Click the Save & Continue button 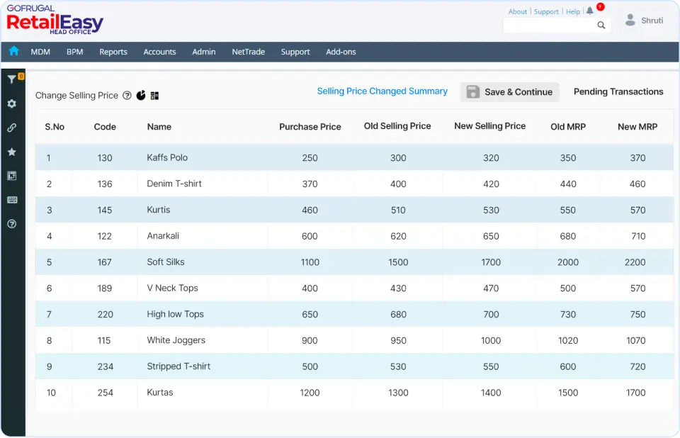pos(510,92)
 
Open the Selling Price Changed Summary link pos(382,91)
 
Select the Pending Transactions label pos(618,91)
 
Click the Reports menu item pos(113,52)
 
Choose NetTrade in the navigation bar pos(248,52)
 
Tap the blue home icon pos(13,51)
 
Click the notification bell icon pos(590,11)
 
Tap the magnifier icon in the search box pos(601,26)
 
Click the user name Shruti pos(652,21)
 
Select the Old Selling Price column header pos(397,126)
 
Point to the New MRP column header pos(637,127)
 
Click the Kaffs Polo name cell pos(167,157)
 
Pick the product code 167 pos(105,262)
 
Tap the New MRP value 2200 pos(635,262)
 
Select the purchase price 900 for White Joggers pos(310,340)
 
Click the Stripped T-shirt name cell pos(178,366)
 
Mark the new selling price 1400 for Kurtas pos(491,393)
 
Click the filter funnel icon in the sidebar pos(12,79)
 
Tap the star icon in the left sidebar pos(12,152)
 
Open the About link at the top pos(518,11)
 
